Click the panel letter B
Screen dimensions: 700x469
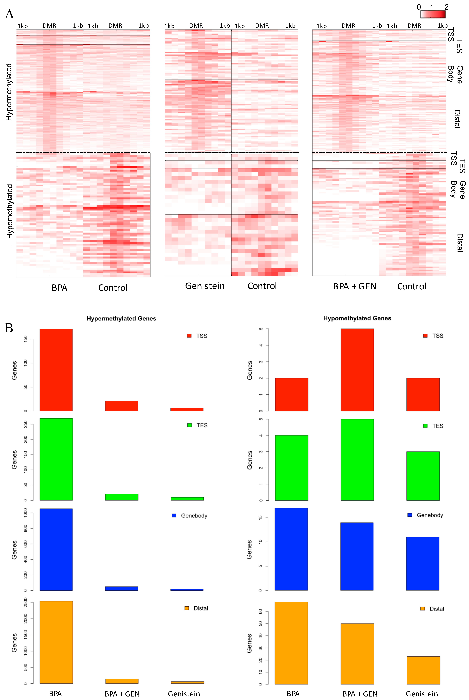click(9, 328)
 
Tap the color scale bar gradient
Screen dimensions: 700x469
click(433, 14)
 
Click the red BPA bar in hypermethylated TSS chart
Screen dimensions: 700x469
click(56, 370)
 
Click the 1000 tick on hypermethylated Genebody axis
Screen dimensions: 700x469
click(26, 513)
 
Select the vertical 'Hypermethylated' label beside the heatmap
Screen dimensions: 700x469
click(9, 92)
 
